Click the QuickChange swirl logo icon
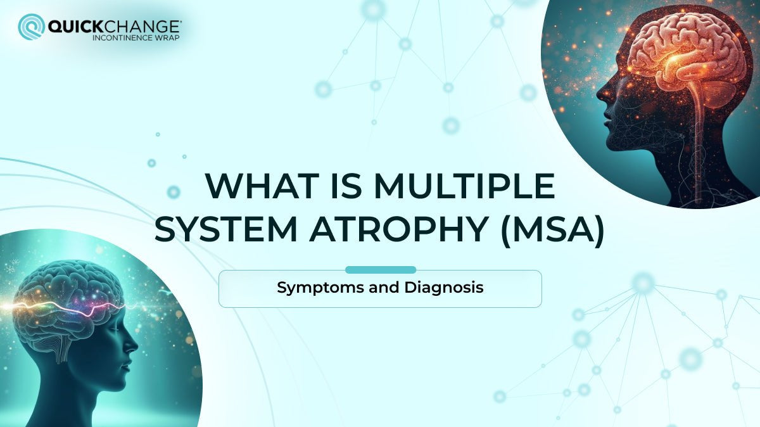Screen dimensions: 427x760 point(30,27)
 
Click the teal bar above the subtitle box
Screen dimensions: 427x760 point(380,270)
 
